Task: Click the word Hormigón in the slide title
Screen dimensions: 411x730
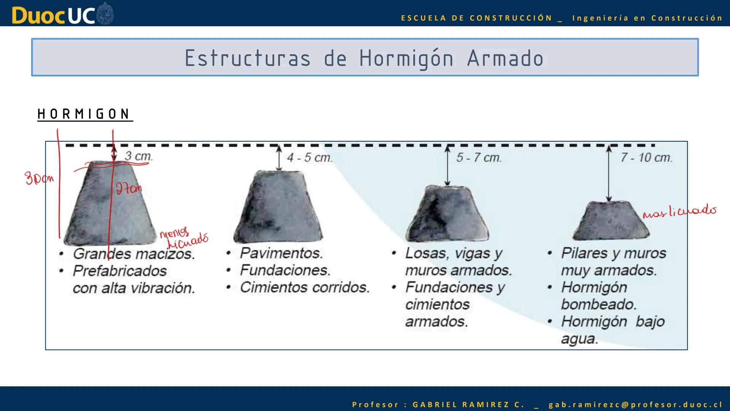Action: point(406,59)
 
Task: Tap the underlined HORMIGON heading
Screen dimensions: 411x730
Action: point(84,114)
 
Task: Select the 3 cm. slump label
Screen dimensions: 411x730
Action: point(138,156)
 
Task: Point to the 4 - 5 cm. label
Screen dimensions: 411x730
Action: point(309,158)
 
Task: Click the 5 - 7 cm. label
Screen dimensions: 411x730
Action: point(479,158)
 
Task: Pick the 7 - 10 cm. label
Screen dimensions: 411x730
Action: point(646,158)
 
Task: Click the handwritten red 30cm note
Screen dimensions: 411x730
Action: point(39,178)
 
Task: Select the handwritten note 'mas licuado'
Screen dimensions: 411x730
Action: point(679,211)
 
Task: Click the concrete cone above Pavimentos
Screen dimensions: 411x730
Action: point(278,207)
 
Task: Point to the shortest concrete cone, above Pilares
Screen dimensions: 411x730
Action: point(611,221)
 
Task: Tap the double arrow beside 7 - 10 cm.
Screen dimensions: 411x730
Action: point(609,173)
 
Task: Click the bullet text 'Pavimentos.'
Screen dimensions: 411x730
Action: point(281,253)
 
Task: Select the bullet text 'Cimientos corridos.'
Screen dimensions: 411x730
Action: point(305,287)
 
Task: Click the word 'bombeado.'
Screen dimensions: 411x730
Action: point(598,304)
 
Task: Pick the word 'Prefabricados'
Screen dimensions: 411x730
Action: point(120,271)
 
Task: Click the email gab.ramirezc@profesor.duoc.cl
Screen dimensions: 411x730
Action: point(635,405)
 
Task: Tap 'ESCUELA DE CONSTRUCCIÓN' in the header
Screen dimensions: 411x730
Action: point(476,18)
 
